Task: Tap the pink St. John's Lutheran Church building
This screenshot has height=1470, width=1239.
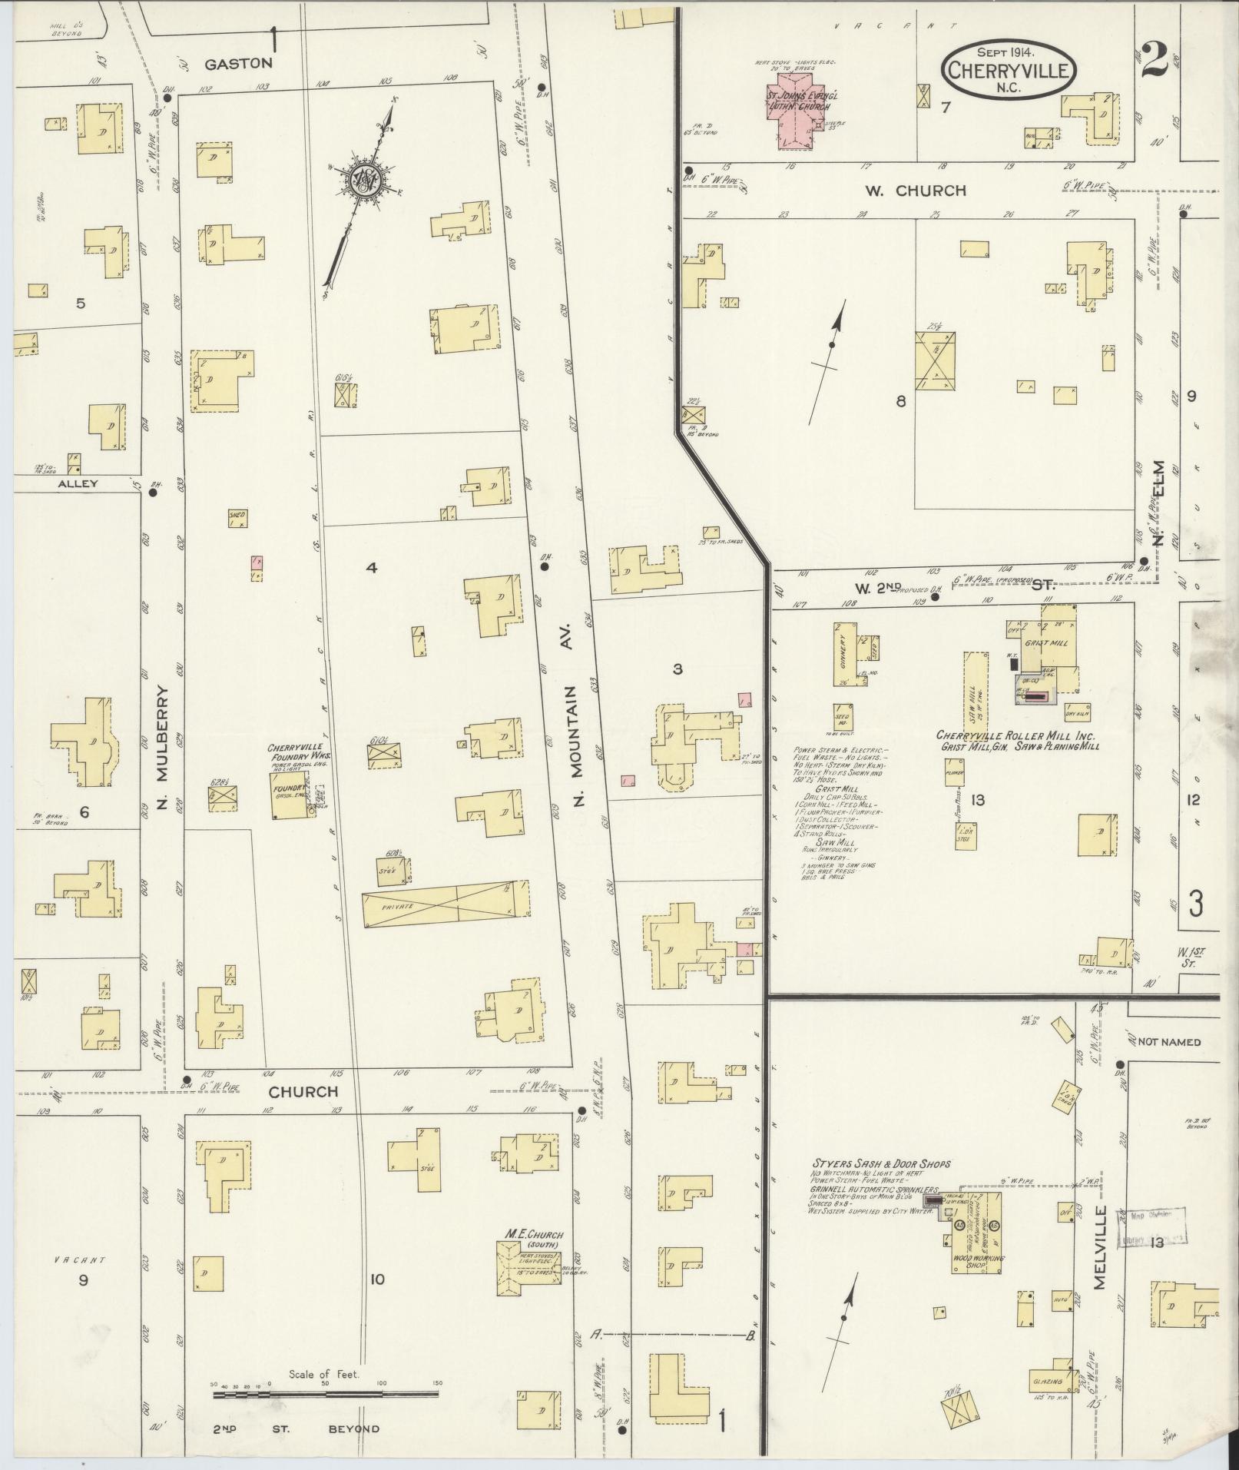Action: [799, 111]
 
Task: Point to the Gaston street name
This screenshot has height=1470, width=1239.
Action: [238, 64]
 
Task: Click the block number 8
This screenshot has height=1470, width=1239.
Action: [900, 400]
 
